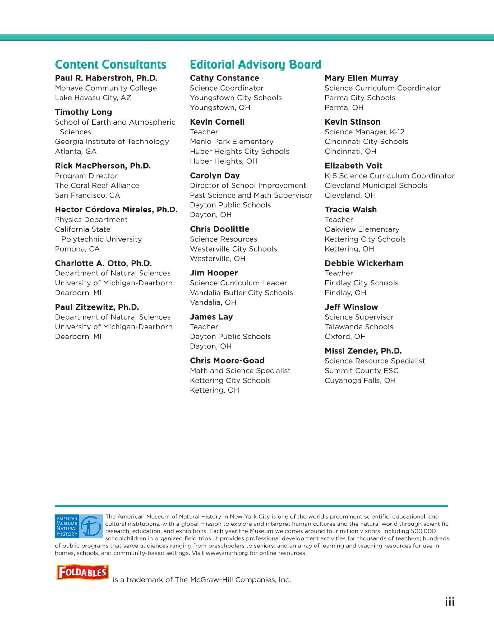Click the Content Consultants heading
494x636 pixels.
point(111,65)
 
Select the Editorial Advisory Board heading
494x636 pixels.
point(255,65)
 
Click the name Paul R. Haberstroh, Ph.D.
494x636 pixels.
point(106,78)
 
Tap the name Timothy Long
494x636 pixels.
point(83,112)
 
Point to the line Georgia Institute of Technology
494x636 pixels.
point(112,142)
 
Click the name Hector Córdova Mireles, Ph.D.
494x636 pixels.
point(116,210)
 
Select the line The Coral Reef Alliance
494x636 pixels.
point(97,185)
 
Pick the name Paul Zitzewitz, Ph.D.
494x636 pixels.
point(97,307)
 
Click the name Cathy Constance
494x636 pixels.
point(224,78)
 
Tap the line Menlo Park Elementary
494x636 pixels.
point(232,142)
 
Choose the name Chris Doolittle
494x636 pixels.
point(219,229)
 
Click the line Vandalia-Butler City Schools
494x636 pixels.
point(241,293)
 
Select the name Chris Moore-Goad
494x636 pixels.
point(227,361)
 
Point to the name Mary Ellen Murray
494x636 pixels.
point(361,78)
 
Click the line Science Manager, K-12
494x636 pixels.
point(364,132)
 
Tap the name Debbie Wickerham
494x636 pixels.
point(364,263)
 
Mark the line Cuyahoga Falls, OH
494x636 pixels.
point(360,380)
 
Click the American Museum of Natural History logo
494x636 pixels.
point(79,526)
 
